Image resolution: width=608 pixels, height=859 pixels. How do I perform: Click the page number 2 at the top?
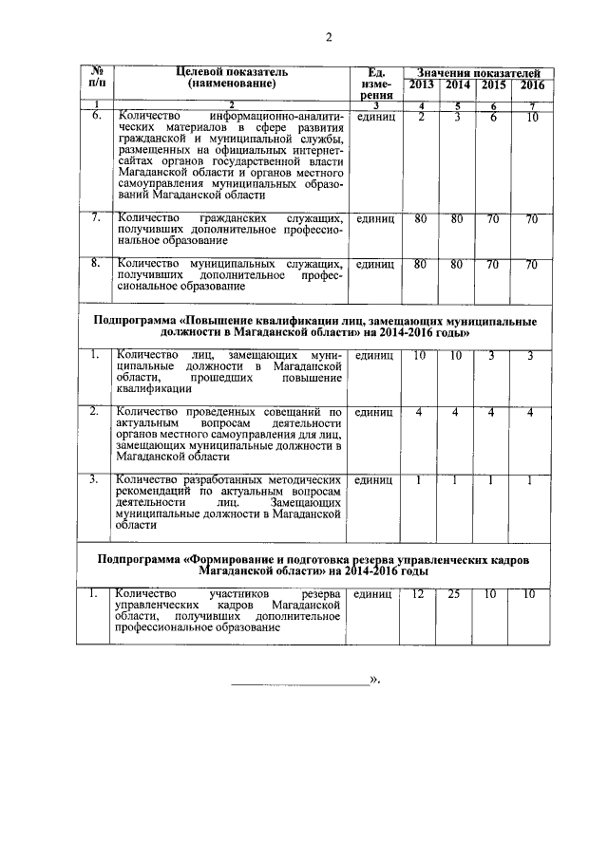click(x=328, y=38)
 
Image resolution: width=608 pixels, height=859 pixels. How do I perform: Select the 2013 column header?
click(x=421, y=85)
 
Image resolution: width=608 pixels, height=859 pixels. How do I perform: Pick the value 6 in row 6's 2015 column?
click(x=494, y=118)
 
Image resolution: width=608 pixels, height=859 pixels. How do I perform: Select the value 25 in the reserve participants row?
click(x=457, y=594)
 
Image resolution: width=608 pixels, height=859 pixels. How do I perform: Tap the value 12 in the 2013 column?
click(x=419, y=594)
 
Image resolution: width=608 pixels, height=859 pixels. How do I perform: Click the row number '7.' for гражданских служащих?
click(x=95, y=218)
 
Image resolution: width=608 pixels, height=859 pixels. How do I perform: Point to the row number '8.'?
click(x=95, y=263)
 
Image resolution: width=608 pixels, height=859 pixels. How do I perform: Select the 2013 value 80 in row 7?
click(x=419, y=218)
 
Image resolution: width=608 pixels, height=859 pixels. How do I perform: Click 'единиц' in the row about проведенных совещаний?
click(x=374, y=413)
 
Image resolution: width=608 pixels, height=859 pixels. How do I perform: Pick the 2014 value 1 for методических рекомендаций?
click(x=457, y=480)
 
